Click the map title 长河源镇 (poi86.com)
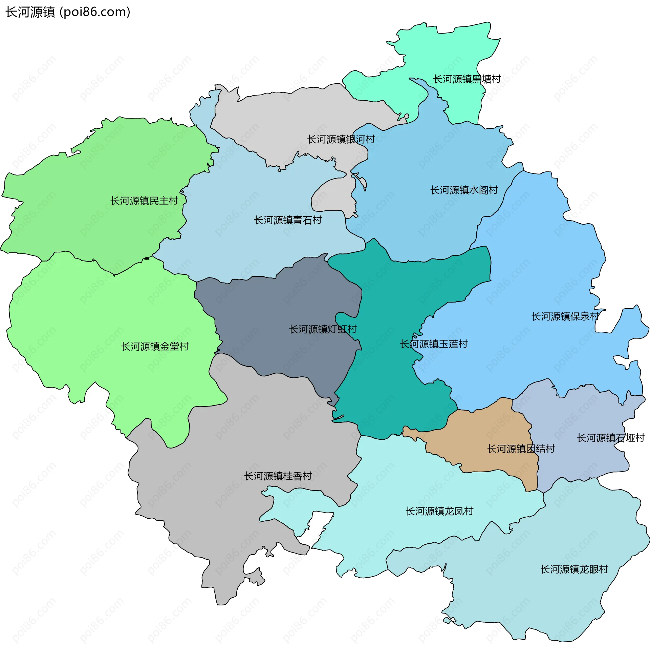[68, 12]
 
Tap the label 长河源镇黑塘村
[467, 79]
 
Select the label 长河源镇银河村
[341, 139]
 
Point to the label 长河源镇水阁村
[464, 190]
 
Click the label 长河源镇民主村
[144, 201]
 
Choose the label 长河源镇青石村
[288, 220]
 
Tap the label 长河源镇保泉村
[565, 317]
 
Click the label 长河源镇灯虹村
[323, 330]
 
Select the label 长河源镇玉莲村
[434, 344]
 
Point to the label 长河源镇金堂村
[155, 347]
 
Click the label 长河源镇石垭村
[610, 438]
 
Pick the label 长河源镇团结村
[521, 449]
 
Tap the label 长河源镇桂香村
[278, 476]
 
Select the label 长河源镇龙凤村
[439, 512]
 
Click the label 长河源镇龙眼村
[574, 570]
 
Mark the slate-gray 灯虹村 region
[273, 307]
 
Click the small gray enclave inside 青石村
[333, 196]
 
